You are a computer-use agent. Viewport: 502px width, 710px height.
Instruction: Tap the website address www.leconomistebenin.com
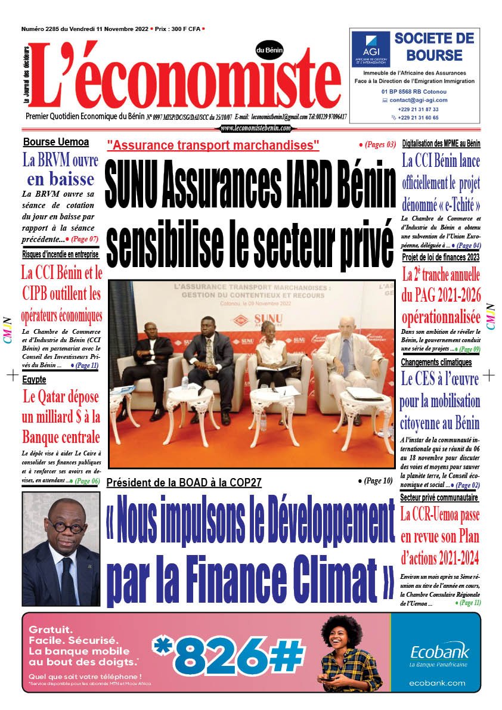tap(255, 128)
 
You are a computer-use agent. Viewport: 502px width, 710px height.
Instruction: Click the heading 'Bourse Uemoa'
tap(56, 142)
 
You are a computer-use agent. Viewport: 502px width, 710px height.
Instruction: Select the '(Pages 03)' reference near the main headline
tap(377, 145)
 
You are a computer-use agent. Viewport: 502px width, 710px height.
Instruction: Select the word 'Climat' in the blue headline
tap(332, 571)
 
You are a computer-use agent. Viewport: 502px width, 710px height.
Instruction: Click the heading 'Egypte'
tap(35, 379)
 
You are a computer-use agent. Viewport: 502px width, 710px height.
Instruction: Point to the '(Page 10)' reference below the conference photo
tap(376, 480)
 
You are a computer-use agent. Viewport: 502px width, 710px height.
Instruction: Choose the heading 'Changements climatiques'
tap(436, 362)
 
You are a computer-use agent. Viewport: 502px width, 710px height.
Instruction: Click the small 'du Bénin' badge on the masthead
tap(269, 50)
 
